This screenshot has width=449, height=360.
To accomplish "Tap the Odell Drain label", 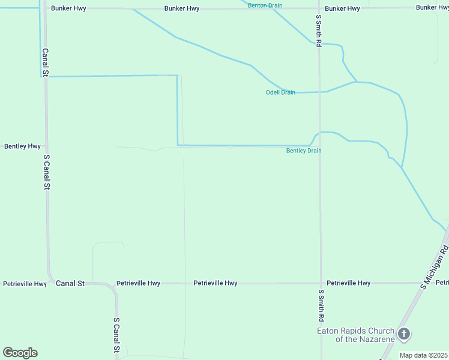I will point(280,92).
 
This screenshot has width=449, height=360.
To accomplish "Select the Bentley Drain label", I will point(304,151).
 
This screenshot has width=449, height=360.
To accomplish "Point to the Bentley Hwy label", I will point(22,146).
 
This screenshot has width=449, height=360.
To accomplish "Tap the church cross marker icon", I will point(404,334).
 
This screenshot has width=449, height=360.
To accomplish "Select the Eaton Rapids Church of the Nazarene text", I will point(356,335).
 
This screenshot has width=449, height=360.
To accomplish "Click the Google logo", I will point(20,353).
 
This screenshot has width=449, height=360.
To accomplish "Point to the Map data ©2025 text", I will point(423,355).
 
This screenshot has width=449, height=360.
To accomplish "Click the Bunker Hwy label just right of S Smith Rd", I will point(342,9).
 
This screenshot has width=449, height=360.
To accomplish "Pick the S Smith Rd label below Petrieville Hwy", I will point(322,305).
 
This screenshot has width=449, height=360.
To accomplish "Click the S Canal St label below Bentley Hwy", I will point(46,172).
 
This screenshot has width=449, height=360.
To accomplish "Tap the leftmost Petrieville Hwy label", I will point(25,284).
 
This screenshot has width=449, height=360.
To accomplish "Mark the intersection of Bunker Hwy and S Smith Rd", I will point(319,9).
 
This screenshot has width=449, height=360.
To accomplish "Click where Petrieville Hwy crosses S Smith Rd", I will point(320,283).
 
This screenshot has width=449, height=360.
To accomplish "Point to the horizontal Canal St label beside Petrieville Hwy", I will point(70,283).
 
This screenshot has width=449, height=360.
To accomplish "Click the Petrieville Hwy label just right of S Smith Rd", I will point(348,283).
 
